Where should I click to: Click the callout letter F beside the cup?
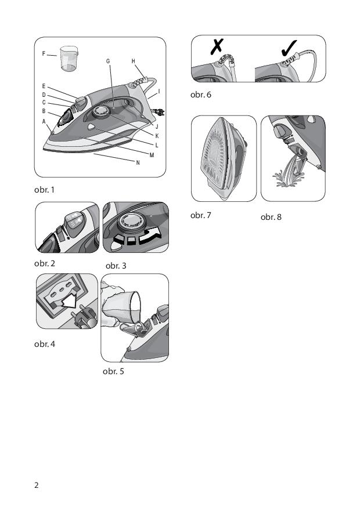point(44,54)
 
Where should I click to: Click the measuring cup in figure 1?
point(69,58)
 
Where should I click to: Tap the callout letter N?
point(138,162)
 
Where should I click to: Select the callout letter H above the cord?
point(134,61)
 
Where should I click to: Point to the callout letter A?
point(44,122)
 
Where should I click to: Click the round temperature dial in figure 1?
point(101,111)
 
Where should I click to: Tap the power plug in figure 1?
point(159,112)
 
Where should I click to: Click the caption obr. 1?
point(44,190)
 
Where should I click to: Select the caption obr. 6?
point(201,95)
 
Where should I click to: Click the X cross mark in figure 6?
point(217,46)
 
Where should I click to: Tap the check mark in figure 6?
point(289,48)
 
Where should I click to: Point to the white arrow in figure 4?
point(70,300)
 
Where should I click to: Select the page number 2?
point(36,485)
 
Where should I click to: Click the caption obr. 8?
point(271,217)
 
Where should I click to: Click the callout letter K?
point(157,136)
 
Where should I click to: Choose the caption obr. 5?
point(113,371)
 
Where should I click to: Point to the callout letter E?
point(44,86)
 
